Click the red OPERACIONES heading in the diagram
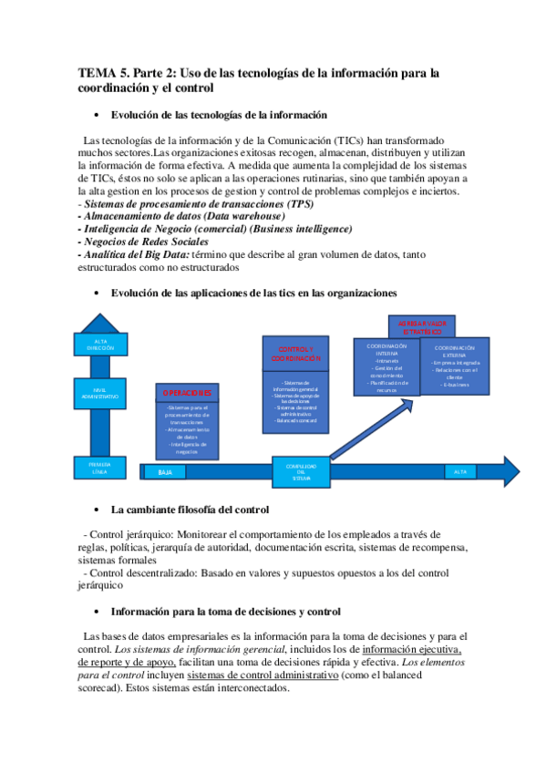tap(187, 393)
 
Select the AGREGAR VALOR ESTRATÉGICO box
tap(422, 326)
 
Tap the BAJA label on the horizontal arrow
tap(165, 472)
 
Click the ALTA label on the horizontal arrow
tap(460, 471)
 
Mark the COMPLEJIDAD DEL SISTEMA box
tap(301, 470)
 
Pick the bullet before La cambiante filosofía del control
tap(97, 510)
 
